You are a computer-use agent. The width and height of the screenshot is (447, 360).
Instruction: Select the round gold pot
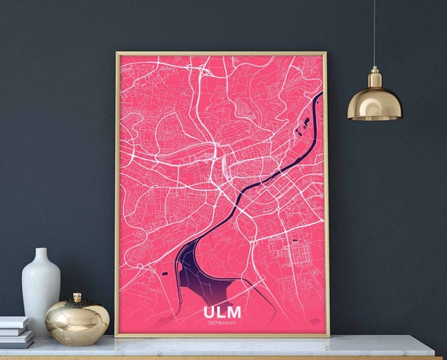[x=77, y=322]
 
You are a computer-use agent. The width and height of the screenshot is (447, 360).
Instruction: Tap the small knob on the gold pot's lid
[x=77, y=297]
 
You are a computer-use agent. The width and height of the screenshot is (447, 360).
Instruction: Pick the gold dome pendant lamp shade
[x=374, y=102]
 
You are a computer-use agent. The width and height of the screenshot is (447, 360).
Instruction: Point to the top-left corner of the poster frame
[x=117, y=53]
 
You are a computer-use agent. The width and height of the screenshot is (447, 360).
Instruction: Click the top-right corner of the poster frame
[x=326, y=53]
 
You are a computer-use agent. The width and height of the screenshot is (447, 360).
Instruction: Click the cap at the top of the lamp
[x=374, y=73]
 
